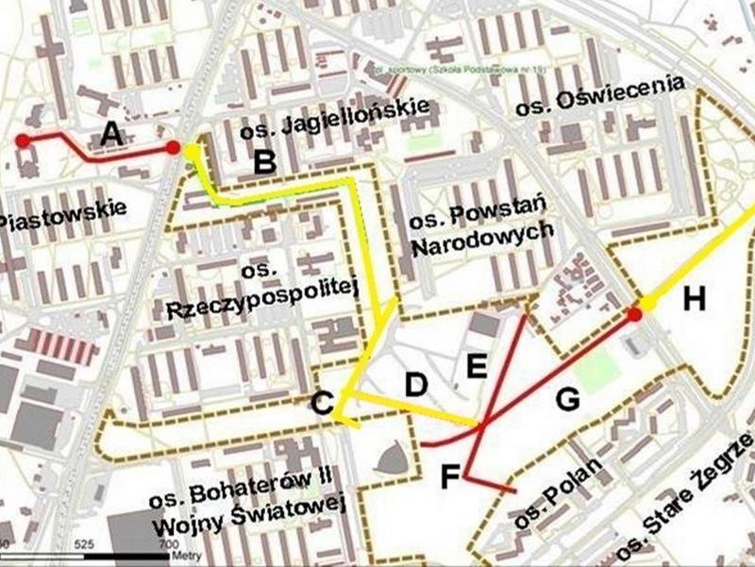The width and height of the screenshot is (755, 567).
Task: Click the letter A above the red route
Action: (112, 136)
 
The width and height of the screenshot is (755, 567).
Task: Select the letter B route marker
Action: (265, 162)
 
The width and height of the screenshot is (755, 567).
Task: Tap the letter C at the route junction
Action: (323, 404)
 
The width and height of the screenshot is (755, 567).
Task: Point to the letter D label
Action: (416, 384)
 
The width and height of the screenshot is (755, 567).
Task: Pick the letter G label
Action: (567, 399)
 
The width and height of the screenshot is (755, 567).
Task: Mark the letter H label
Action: (695, 300)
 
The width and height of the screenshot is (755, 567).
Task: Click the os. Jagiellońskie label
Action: (335, 119)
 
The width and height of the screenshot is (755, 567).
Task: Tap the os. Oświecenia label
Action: (599, 97)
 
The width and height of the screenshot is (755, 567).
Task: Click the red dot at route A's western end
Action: (22, 141)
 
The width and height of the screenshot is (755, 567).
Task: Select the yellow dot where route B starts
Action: (192, 151)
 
